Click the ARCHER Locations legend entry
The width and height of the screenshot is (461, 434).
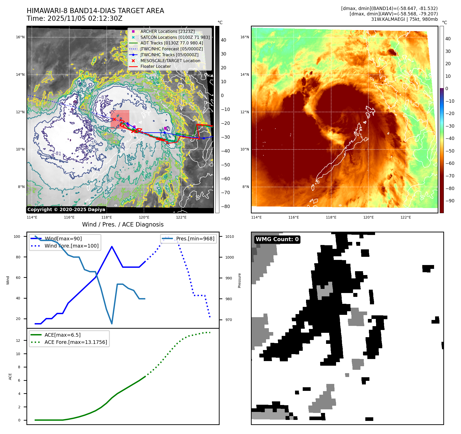[167, 31]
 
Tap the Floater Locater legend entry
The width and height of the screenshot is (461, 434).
[155, 66]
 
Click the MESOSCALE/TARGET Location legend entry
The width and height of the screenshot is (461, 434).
[170, 61]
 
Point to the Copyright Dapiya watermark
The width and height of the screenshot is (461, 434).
[66, 210]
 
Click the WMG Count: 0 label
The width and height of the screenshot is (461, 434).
[277, 239]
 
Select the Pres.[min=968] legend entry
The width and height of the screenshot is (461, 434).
[195, 239]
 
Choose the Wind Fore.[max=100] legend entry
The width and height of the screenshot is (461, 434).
[71, 246]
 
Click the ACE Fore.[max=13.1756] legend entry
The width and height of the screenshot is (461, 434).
[76, 342]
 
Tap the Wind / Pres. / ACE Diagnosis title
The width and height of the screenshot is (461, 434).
[123, 224]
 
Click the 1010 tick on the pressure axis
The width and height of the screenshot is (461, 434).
[230, 237]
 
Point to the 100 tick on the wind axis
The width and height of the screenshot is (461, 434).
[17, 237]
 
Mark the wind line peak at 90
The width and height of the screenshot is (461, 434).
[112, 247]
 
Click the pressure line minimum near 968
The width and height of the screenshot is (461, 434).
[112, 324]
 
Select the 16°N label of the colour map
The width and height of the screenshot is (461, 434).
[244, 37]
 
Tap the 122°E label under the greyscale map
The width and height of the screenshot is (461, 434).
[181, 217]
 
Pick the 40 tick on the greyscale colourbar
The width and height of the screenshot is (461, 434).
[223, 40]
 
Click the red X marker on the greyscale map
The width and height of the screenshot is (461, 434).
[114, 119]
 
